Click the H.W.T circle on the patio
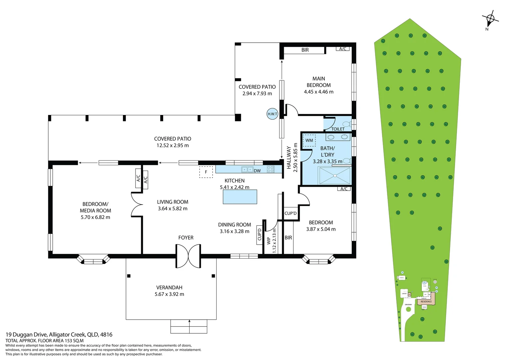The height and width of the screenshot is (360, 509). point(272,114)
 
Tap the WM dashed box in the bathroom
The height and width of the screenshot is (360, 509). point(309,140)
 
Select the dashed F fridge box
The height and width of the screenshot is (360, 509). point(206,172)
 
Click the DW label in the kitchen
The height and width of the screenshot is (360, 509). point(257,171)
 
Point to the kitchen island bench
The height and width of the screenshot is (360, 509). point(240,197)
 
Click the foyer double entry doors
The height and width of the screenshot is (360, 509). point(188,256)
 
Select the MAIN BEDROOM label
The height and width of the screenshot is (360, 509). point(318,82)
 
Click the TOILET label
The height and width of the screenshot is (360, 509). point(338,129)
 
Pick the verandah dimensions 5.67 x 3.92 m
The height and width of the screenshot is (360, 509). point(169,294)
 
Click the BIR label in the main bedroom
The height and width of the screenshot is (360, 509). point(305,50)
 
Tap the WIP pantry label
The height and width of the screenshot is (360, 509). point(268,241)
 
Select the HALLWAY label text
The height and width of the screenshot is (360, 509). point(289,158)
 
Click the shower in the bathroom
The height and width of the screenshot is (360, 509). point(334,175)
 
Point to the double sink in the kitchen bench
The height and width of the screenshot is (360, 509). point(247,170)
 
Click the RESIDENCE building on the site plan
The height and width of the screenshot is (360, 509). point(426,301)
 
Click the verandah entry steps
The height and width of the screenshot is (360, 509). point(189,326)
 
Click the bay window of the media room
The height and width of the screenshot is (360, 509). point(93,260)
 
